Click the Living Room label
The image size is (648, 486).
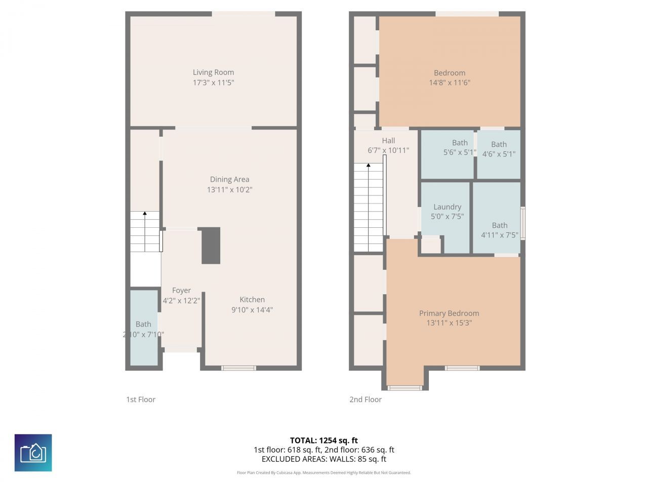pyautogui.click(x=213, y=72)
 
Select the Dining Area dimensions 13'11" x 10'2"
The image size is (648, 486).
pyautogui.click(x=229, y=190)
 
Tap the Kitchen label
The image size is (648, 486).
pyautogui.click(x=252, y=300)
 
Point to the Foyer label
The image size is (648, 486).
pyautogui.click(x=181, y=291)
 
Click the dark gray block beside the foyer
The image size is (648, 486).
pyautogui.click(x=211, y=246)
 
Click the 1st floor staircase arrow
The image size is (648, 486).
pyautogui.click(x=145, y=215)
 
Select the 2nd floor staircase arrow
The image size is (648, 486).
pyautogui.click(x=368, y=166)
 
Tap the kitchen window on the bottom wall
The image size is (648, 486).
pyautogui.click(x=238, y=368)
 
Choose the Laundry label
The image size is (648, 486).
pyautogui.click(x=447, y=207)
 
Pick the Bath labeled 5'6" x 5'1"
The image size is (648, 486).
pyautogui.click(x=460, y=148)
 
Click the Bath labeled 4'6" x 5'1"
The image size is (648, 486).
pyautogui.click(x=499, y=149)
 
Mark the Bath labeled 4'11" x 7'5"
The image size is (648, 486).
pyautogui.click(x=499, y=230)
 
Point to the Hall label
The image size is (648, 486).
pyautogui.click(x=388, y=141)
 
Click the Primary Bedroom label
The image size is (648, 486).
pyautogui.click(x=449, y=313)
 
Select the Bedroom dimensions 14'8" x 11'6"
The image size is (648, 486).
pyautogui.click(x=450, y=83)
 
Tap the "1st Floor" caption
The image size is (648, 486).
pyautogui.click(x=141, y=399)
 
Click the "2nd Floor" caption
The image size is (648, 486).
pyautogui.click(x=366, y=399)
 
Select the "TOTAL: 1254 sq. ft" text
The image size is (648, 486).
pyautogui.click(x=324, y=440)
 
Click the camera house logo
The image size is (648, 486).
pyautogui.click(x=33, y=453)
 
